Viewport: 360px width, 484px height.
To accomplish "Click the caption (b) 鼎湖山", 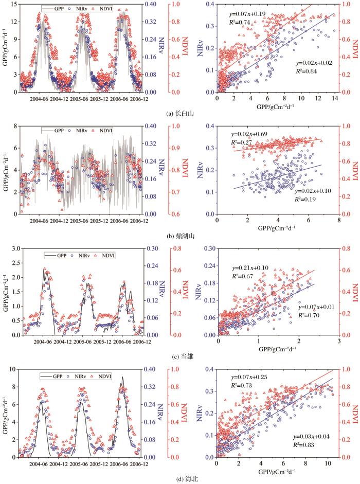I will pyautogui.click(x=180, y=237).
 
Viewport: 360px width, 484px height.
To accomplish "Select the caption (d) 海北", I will pyautogui.click(x=180, y=479).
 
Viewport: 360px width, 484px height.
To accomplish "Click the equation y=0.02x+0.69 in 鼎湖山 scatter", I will pyautogui.click(x=251, y=133).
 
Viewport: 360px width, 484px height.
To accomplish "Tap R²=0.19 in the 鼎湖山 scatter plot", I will pyautogui.click(x=307, y=198).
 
